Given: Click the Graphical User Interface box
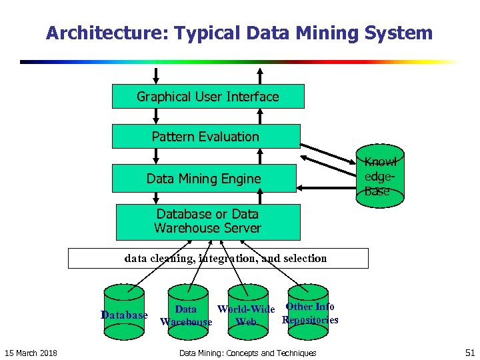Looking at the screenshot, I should [x=207, y=97].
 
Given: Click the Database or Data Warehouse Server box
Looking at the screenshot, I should [x=207, y=221].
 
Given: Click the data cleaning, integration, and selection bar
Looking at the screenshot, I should [x=218, y=258].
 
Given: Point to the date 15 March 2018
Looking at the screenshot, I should [x=31, y=353].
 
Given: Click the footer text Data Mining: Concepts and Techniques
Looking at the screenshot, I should [x=247, y=353].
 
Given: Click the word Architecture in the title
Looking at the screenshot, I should [x=99, y=33].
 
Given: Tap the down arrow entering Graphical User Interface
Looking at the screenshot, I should [x=157, y=74].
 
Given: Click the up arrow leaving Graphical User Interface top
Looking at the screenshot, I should [x=260, y=74].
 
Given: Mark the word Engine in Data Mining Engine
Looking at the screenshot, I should [x=241, y=179].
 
